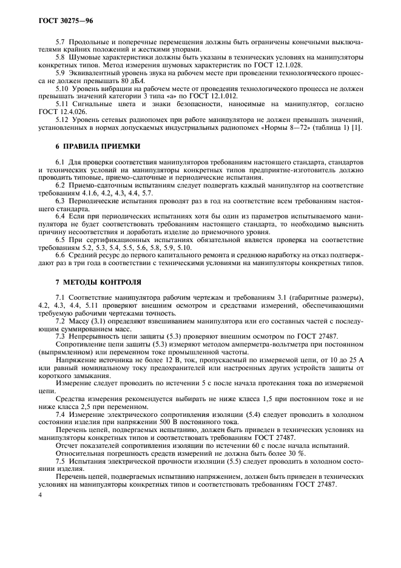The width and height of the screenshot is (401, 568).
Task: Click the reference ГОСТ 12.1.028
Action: [x=285, y=64]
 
